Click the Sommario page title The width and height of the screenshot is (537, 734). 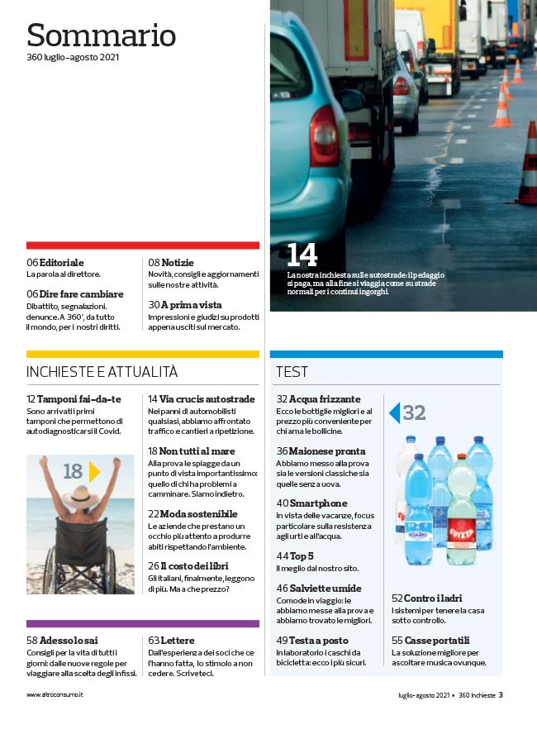tap(101, 35)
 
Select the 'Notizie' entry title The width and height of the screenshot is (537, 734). tap(177, 262)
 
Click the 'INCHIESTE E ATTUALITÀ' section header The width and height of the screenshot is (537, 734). tap(102, 372)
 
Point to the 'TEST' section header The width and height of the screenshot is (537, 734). tap(292, 372)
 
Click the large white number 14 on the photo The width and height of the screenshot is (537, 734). tap(302, 255)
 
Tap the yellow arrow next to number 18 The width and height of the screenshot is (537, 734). tap(94, 472)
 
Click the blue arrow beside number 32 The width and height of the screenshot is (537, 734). tap(394, 412)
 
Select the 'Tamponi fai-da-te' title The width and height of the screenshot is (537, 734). tap(78, 399)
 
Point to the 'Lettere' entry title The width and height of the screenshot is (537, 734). tap(178, 641)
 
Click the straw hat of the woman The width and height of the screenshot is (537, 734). tap(80, 494)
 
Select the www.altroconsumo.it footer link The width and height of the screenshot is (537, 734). tap(55, 695)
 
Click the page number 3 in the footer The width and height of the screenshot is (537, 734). tap(501, 695)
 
